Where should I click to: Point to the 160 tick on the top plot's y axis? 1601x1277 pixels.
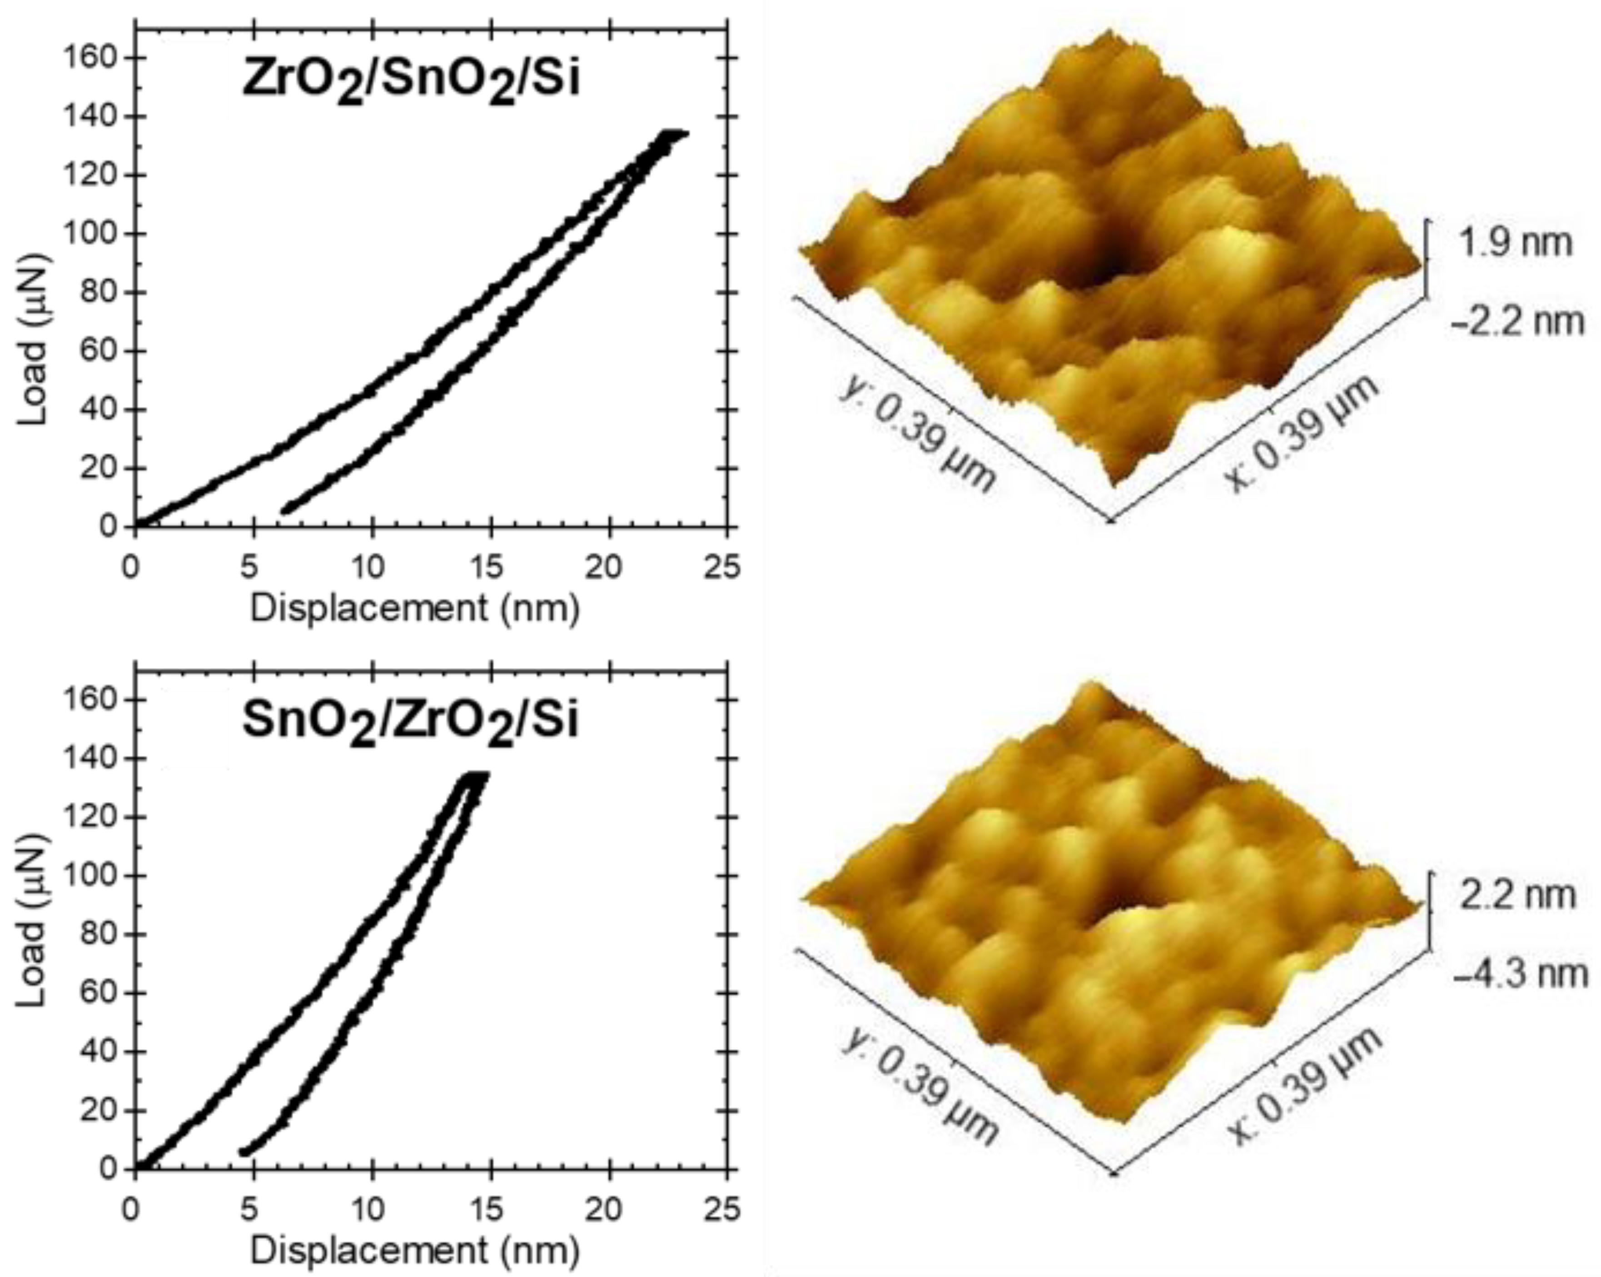[x=93, y=58]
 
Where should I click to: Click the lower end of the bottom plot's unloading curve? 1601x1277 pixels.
[x=244, y=1152]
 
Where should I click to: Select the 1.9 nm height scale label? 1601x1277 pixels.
[x=1515, y=243]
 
